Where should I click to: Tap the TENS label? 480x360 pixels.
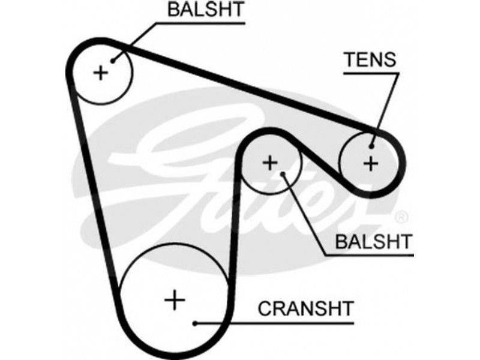(x=369, y=59)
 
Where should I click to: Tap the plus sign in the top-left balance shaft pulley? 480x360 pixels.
(x=101, y=73)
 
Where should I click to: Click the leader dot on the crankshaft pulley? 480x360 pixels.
(x=196, y=324)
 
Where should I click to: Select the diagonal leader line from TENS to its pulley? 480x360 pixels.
(x=386, y=108)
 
